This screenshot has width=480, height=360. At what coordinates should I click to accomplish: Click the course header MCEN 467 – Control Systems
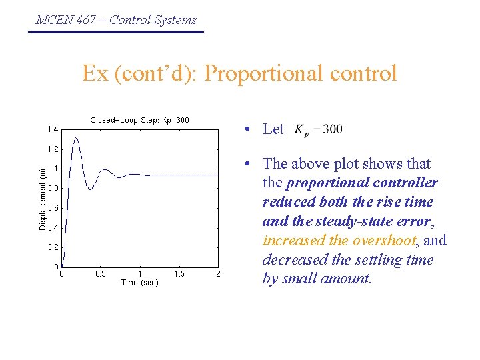[x=116, y=19]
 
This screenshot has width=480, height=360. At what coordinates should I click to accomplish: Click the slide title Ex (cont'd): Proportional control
[x=239, y=73]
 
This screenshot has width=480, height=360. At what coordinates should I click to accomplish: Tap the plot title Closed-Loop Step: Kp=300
[x=139, y=120]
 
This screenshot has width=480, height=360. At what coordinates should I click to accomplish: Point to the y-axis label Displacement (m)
[x=43, y=198]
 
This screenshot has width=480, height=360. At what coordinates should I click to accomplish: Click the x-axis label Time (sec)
[x=140, y=283]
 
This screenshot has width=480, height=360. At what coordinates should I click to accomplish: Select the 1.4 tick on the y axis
[x=52, y=129]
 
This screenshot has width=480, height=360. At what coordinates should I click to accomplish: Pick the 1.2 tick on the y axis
[x=52, y=149]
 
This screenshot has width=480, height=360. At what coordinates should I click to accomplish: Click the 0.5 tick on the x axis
[x=101, y=274]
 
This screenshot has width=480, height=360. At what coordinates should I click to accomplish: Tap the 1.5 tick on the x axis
[x=179, y=274]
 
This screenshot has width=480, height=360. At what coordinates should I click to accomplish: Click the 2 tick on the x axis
[x=218, y=274]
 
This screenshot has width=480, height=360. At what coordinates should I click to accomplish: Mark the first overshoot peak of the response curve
[x=77, y=138]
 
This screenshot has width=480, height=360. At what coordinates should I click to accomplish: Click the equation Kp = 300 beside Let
[x=319, y=129]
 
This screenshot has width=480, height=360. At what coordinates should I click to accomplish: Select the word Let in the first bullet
[x=273, y=129]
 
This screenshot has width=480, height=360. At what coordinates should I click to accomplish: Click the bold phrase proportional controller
[x=362, y=183]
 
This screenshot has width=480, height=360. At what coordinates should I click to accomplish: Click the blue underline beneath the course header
[x=116, y=31]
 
